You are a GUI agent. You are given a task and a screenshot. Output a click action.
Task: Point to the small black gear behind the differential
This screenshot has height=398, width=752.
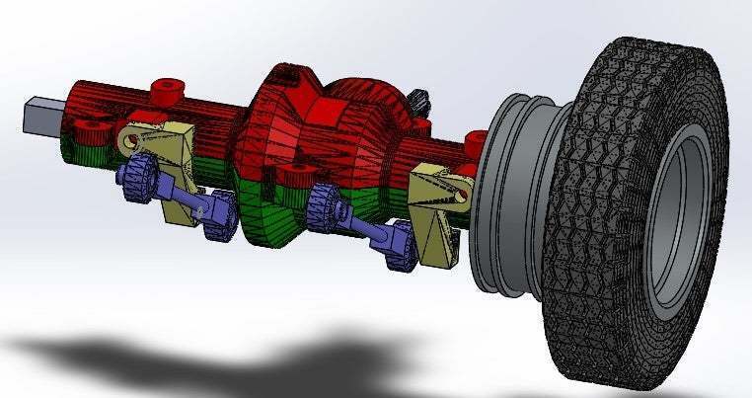pos(421,100)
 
